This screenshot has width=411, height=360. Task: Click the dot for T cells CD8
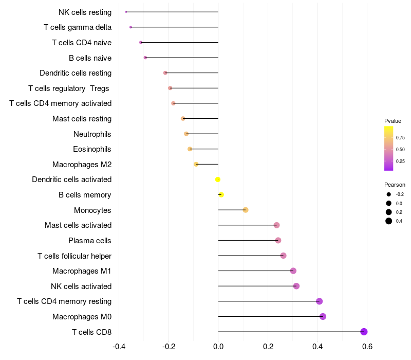coord(364,332)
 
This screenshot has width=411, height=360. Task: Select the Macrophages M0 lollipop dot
coord(323,316)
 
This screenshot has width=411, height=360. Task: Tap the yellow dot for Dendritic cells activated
coord(218,179)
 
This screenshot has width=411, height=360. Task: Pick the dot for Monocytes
coord(246,210)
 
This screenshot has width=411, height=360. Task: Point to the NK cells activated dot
coord(296,286)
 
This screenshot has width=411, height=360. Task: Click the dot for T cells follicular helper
coord(283,256)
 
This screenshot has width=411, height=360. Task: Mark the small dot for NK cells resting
coord(126,12)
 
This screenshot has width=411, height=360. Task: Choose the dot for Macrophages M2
coord(196,164)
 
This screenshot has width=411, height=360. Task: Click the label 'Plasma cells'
coord(90,240)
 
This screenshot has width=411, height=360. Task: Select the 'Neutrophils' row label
coord(92,134)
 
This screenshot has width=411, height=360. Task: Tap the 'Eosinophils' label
coord(92,149)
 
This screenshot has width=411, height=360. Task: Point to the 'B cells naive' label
coord(90,58)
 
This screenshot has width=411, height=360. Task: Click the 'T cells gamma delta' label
coord(78,27)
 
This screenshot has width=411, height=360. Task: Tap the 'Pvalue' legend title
coord(393,121)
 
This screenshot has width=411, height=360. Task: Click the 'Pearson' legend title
coord(395,185)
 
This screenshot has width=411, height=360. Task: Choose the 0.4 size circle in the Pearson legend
coord(389,221)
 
